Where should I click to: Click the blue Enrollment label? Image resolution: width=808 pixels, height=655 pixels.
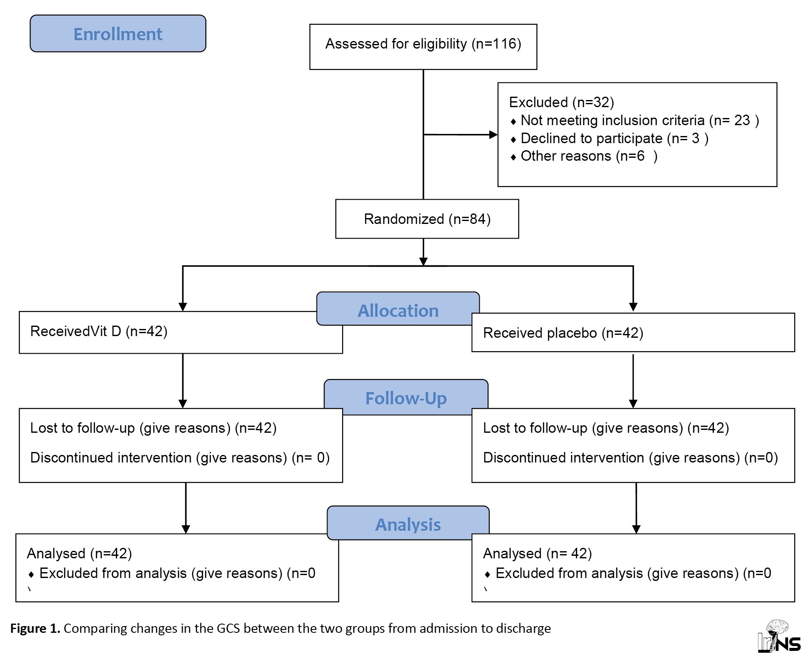(x=118, y=33)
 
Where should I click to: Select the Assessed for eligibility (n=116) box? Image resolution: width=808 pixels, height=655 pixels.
(x=423, y=46)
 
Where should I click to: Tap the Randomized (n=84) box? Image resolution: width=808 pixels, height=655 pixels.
(x=427, y=219)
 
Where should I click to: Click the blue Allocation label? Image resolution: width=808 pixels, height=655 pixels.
(x=398, y=309)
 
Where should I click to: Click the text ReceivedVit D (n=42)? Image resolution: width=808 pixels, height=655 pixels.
(x=99, y=331)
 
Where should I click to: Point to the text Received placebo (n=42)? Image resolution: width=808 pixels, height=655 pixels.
(x=563, y=333)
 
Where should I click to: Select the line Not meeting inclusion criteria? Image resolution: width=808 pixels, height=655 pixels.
(x=634, y=121)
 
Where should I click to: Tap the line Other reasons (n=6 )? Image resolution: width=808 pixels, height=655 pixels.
(x=584, y=156)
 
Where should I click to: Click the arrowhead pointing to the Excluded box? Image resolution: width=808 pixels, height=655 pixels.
(x=493, y=135)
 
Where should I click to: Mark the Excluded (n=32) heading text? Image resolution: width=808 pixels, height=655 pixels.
(x=561, y=103)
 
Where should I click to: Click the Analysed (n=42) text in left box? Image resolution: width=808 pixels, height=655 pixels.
(x=79, y=554)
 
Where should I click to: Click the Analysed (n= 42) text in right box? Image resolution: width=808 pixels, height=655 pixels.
(x=537, y=554)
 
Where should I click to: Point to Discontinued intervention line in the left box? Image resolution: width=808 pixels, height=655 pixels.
(x=180, y=458)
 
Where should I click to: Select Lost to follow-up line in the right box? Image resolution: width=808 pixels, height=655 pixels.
(x=606, y=428)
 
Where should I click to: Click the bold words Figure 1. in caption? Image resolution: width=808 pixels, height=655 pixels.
(x=36, y=629)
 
